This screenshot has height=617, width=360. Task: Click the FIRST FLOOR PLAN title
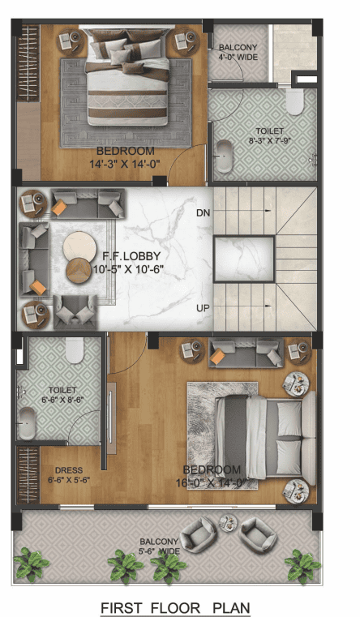[175, 607]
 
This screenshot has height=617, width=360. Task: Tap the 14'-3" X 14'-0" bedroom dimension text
[125, 163]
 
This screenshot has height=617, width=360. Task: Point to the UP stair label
[203, 308]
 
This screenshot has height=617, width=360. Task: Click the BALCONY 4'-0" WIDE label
[238, 53]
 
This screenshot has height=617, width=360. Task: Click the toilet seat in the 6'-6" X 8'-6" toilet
[74, 349]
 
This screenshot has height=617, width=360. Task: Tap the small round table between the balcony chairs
[226, 528]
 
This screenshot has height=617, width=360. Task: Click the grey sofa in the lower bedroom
[245, 352]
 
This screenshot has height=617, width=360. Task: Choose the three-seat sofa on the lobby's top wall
[88, 203]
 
